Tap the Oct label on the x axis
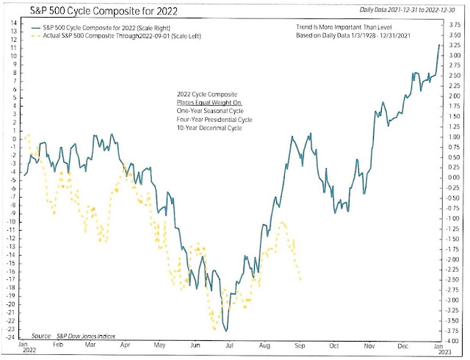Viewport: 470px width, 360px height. [334, 344]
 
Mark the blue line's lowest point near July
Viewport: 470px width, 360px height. [227, 330]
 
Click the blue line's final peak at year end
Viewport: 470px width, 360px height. [440, 45]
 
